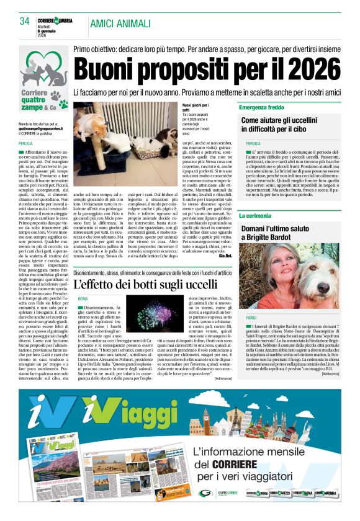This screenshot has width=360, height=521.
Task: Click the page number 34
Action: coord(25,21)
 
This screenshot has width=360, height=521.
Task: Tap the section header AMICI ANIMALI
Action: coord(120,24)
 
